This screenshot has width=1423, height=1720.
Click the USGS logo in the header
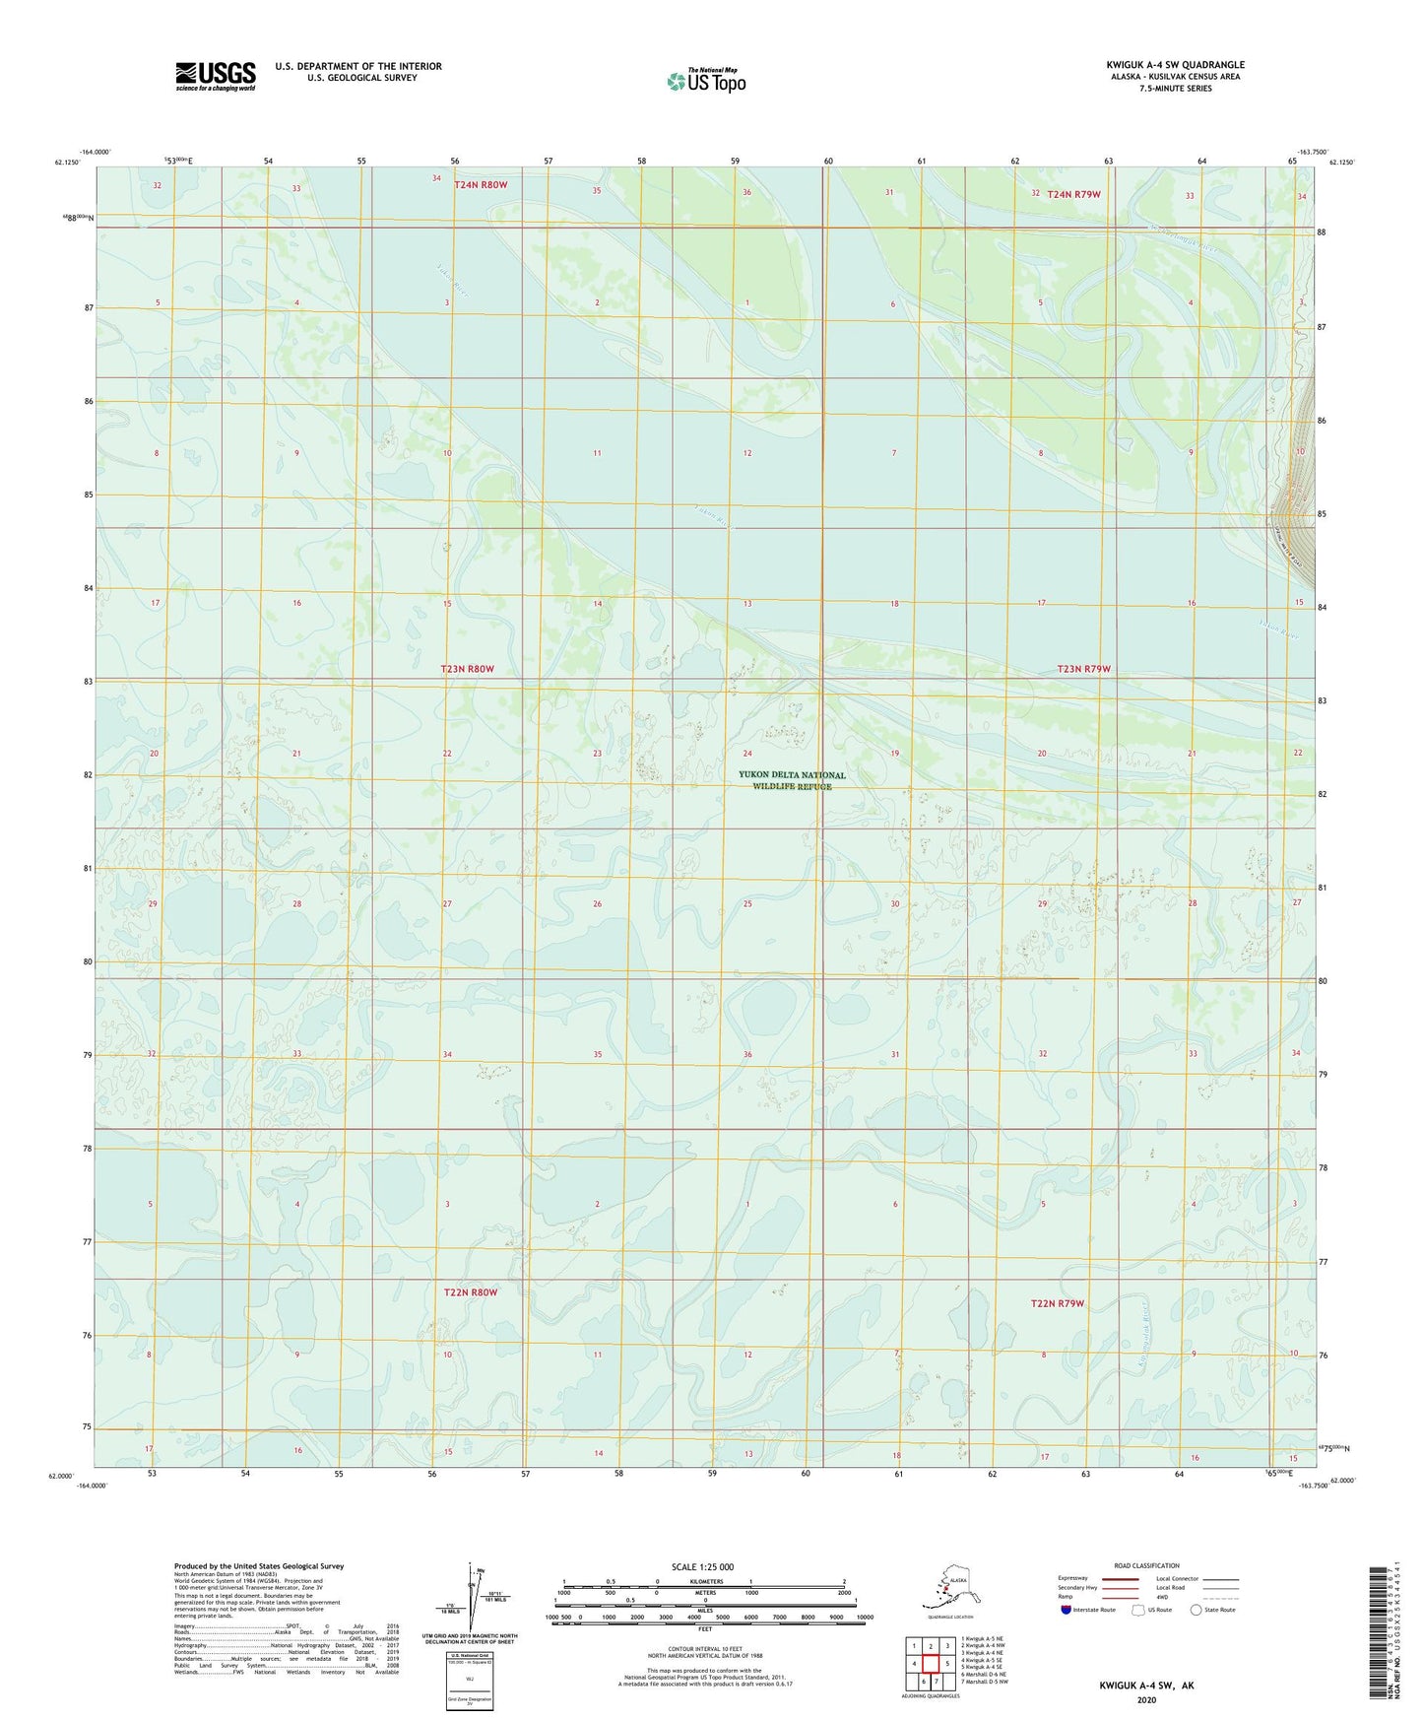215,76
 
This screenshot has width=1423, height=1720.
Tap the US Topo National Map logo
706,80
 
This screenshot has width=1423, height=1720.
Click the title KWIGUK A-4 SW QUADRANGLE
1174,65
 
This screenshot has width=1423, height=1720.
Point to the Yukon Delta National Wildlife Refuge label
792,780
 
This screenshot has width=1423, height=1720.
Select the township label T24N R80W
481,184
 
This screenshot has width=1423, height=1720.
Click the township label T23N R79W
1083,669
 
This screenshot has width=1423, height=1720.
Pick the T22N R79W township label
1057,1303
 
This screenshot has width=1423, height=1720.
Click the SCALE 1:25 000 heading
702,1566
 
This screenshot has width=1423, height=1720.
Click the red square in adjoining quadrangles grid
931,1663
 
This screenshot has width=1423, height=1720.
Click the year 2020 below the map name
1146,1699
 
